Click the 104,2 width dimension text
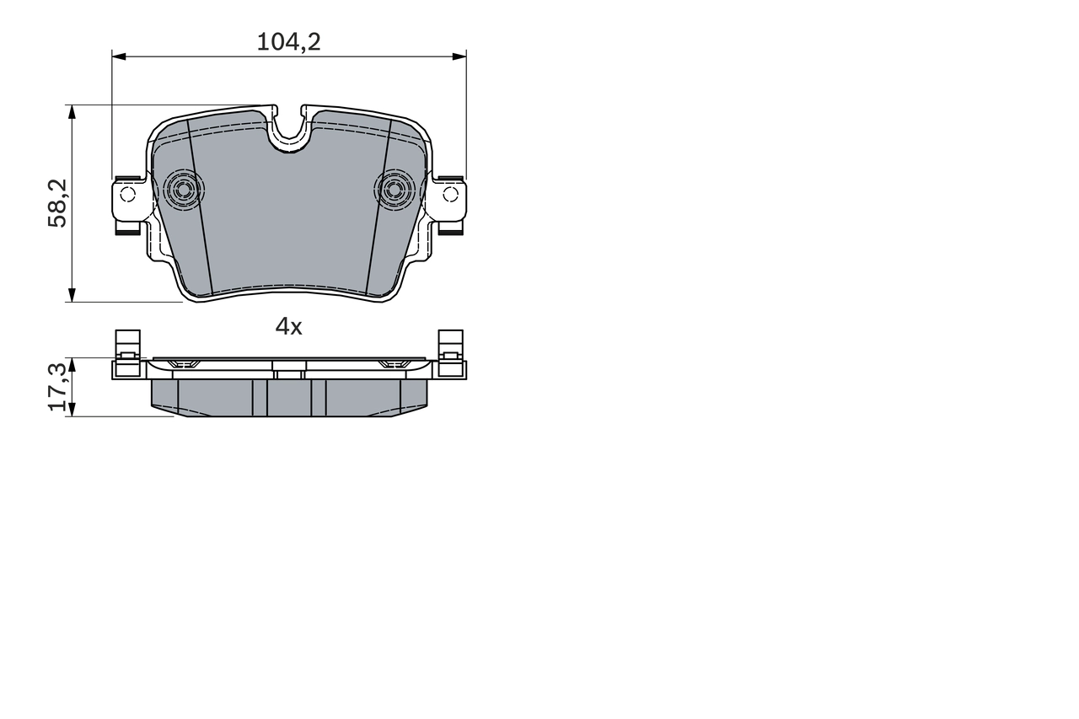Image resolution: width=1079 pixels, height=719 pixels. [288, 42]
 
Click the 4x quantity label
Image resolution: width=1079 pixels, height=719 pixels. [288, 327]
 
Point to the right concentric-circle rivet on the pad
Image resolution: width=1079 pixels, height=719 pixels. [394, 190]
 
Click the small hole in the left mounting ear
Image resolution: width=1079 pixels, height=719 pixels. [127, 195]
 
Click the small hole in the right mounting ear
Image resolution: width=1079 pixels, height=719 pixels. [450, 195]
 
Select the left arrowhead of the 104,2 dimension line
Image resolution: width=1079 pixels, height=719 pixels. [119, 56]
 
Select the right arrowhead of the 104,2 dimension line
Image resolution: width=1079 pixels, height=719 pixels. [459, 56]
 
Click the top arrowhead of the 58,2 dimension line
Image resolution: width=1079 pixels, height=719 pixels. [72, 112]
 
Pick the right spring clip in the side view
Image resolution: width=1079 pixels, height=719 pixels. [451, 350]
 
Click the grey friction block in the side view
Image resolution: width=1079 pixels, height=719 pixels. [288, 398]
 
